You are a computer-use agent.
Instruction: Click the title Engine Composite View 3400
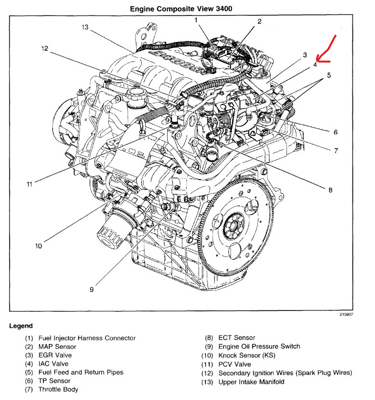pos(184,9)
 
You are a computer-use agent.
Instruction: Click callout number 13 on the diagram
pos(85,27)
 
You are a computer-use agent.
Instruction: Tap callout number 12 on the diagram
pos(45,48)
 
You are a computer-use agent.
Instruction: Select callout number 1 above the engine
pos(197,20)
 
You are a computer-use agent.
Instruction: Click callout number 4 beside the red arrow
pos(315,65)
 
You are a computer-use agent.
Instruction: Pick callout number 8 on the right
pos(330,190)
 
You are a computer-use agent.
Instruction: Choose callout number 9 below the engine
pos(92,289)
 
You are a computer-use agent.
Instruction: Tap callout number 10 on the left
pos(38,246)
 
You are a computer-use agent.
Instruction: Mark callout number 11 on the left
pos(29,184)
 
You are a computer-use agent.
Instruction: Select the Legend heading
pos(21,326)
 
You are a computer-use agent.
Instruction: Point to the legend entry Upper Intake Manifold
pos(251,382)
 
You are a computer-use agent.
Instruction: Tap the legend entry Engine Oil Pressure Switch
pos(259,347)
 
